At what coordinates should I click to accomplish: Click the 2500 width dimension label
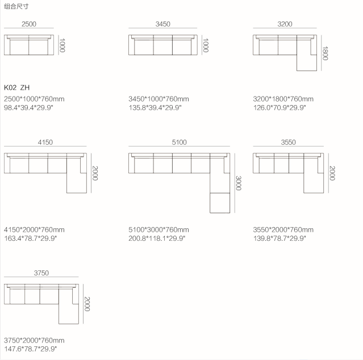pos(29,24)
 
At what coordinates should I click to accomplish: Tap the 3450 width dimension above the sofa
pos(162,24)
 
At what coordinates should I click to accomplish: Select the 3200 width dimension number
pos(285,24)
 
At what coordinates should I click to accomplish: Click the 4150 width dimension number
pos(45,142)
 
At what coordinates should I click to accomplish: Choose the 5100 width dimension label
pos(179,142)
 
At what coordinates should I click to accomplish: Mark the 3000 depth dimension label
pos(239,183)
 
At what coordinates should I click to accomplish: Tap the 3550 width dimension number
pos(288,142)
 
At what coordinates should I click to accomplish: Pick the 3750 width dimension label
pos(41,273)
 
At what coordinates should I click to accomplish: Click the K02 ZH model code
pos(16,88)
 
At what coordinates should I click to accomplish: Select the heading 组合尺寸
pos(16,6)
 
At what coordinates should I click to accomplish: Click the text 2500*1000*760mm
pos(34,99)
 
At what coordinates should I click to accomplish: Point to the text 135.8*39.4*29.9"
pos(155,107)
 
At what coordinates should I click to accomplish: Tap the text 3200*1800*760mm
pos(283,99)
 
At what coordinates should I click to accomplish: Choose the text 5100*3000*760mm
pos(159,229)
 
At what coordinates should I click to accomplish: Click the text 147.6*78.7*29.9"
pos(31,349)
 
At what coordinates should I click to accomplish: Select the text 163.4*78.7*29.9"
pos(31,238)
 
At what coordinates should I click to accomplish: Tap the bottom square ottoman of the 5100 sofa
pos(219,203)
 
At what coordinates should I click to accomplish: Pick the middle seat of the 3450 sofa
pos(162,46)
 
